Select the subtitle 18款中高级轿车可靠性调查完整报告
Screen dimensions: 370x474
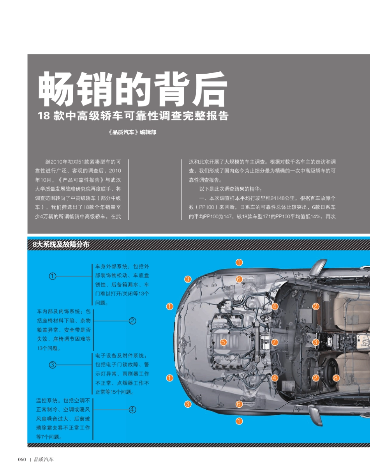133,116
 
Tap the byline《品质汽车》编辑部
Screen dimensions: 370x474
132,132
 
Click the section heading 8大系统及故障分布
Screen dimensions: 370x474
61,244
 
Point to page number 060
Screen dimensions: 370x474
22,460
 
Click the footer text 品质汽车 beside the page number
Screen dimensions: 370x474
44,460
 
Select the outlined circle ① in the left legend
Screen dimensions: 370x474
52,276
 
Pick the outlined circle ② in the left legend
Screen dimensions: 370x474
132,321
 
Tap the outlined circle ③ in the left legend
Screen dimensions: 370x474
52,365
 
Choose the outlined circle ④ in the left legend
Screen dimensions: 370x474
132,409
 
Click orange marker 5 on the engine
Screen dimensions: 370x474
223,342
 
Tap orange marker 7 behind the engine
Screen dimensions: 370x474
275,342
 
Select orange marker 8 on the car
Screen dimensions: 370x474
336,378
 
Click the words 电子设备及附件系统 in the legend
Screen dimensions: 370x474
120,355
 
